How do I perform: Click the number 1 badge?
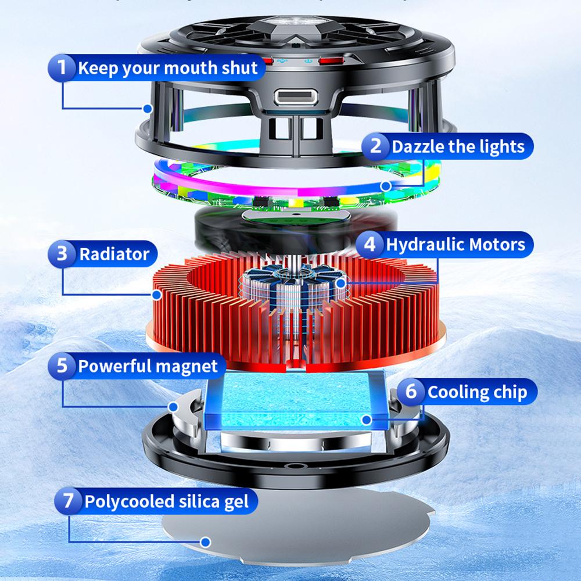(63, 68)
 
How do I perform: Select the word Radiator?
(114, 254)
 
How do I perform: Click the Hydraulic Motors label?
(456, 244)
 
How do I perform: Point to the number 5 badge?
(63, 366)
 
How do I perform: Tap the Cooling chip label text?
(477, 392)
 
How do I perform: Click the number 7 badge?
(69, 501)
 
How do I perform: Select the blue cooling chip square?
(296, 401)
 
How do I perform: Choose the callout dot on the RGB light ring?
(386, 186)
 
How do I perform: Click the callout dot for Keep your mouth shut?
(148, 108)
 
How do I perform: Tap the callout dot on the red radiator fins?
(157, 295)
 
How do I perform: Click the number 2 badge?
(376, 145)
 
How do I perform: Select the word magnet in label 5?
(187, 366)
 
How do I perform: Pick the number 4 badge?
(370, 244)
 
